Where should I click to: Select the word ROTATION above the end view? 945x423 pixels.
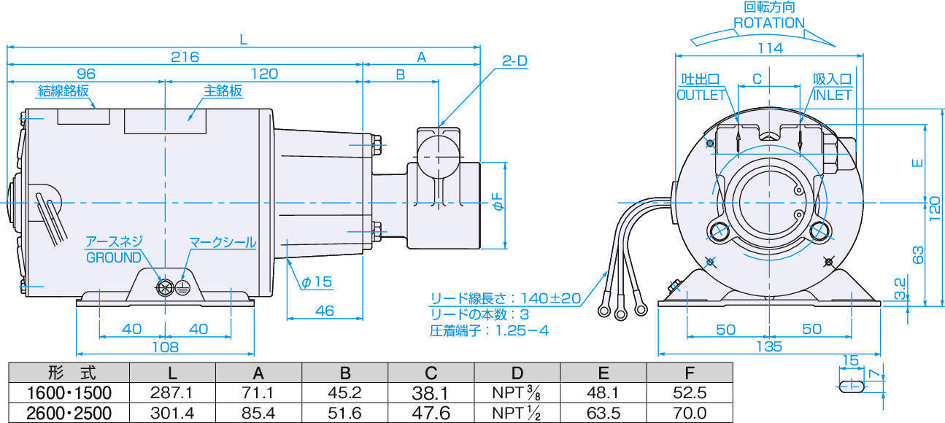(x=768, y=23)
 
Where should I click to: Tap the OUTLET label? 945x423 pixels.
(x=701, y=95)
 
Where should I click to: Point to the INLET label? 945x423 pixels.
(x=832, y=95)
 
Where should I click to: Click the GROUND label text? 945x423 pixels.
(x=114, y=257)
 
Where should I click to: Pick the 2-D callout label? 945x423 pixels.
(x=514, y=61)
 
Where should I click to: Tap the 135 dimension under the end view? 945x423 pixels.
(x=769, y=346)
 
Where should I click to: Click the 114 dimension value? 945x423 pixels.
(x=769, y=48)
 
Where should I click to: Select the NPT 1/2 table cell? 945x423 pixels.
(x=517, y=414)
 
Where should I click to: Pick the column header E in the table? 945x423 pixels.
(x=603, y=373)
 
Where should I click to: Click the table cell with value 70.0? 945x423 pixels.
(x=690, y=414)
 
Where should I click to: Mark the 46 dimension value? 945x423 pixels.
(x=324, y=311)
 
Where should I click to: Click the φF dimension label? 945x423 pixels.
(x=497, y=205)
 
